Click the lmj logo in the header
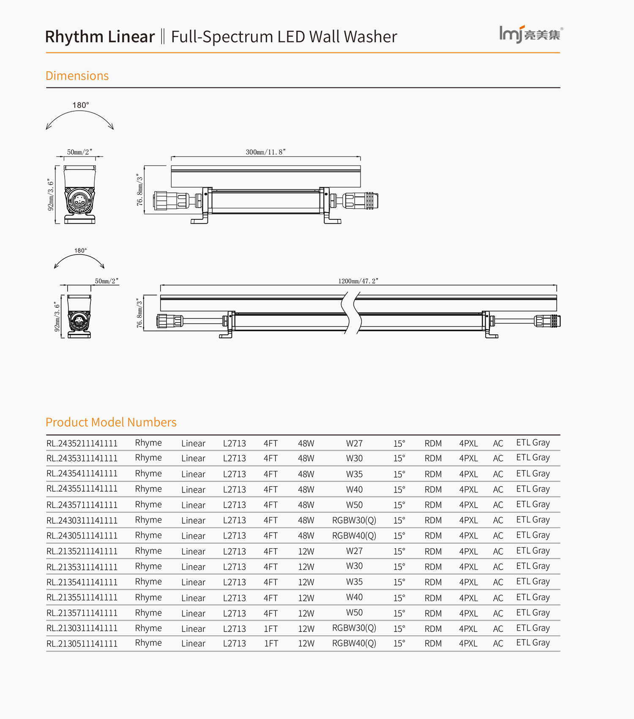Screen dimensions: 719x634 click(x=530, y=33)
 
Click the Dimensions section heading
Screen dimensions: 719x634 click(x=77, y=76)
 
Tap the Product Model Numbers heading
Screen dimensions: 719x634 click(x=111, y=422)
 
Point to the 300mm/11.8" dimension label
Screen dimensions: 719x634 click(x=265, y=152)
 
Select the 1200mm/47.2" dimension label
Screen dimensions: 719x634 click(x=358, y=281)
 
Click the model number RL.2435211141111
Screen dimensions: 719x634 click(x=82, y=443)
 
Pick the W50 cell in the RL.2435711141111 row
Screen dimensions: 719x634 click(x=354, y=505)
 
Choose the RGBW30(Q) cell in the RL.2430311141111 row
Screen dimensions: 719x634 click(x=354, y=520)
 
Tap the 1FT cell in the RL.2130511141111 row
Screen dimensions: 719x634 click(x=271, y=644)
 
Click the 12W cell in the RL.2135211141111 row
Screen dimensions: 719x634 click(x=306, y=552)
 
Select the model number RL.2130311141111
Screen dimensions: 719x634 click(x=82, y=629)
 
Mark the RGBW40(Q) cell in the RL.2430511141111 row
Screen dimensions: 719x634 click(x=354, y=536)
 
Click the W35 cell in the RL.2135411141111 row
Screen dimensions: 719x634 click(x=354, y=582)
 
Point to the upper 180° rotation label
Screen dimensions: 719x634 click(x=80, y=105)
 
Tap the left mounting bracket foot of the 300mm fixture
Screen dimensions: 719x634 click(x=199, y=220)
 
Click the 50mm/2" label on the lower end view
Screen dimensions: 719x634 click(x=107, y=281)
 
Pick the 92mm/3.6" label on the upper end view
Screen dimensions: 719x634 click(x=51, y=194)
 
